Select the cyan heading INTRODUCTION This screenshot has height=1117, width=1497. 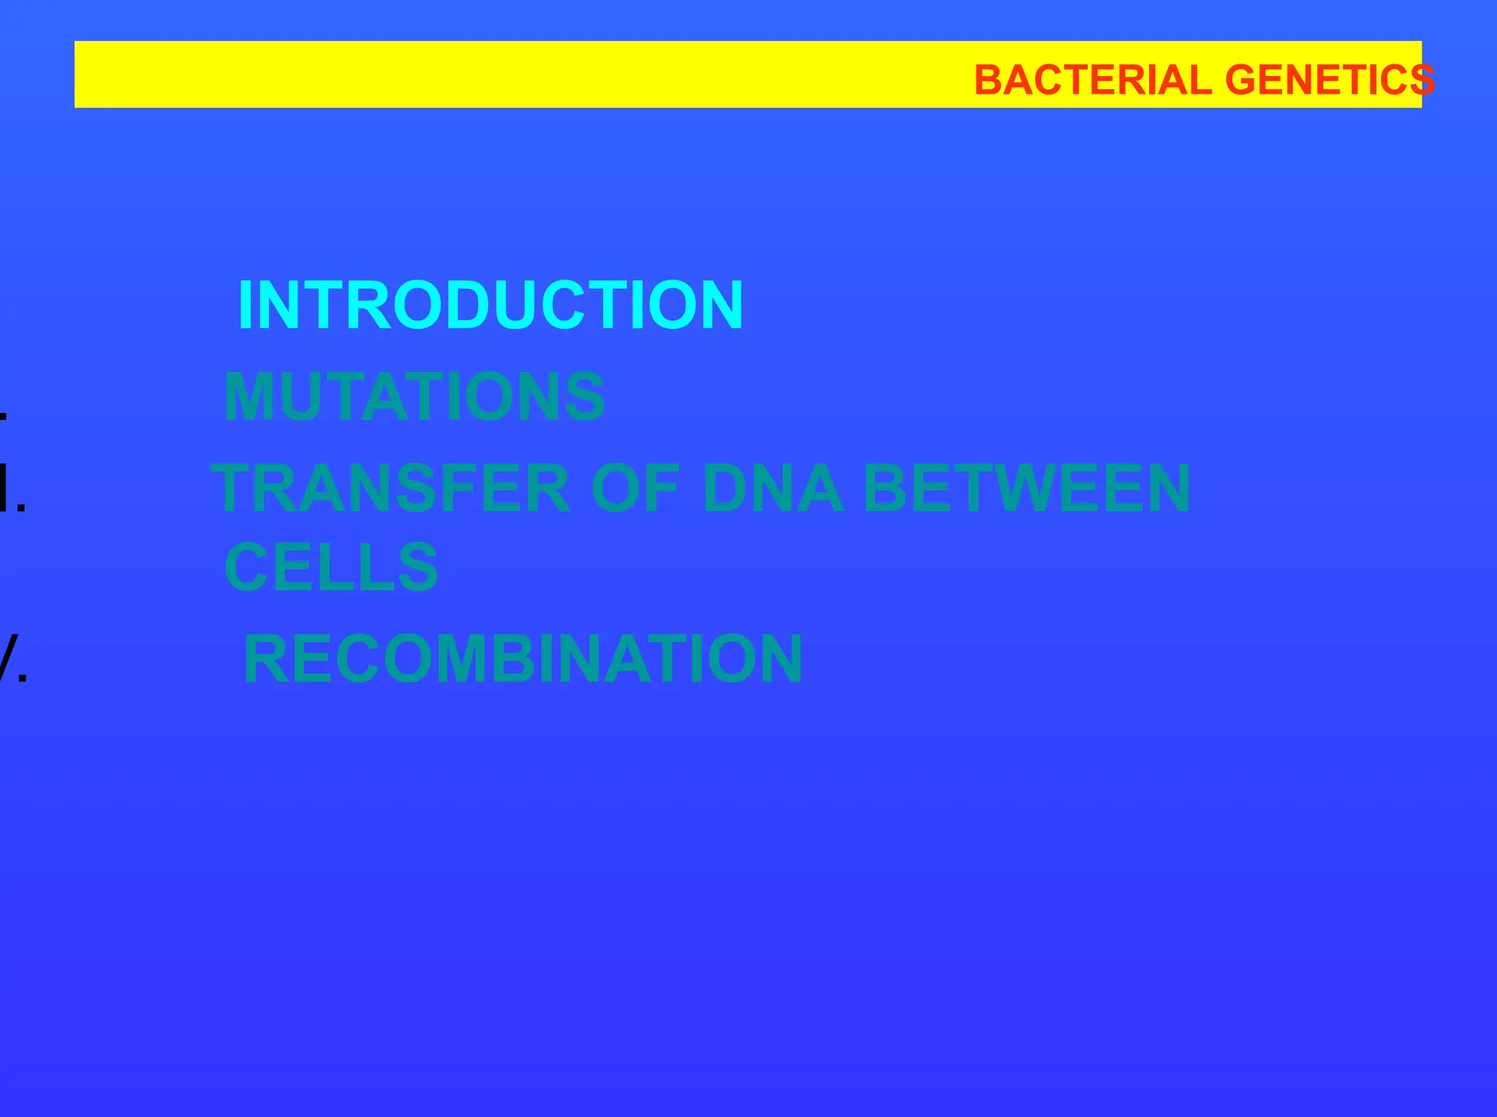[x=490, y=306]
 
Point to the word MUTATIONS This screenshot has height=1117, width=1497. [x=414, y=397]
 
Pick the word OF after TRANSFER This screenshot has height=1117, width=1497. [x=635, y=488]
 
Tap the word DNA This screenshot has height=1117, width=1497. [x=773, y=488]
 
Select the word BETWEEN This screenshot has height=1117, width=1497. [x=1026, y=488]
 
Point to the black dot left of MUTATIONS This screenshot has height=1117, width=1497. [x=4, y=417]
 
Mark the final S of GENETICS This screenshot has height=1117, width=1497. [x=1422, y=80]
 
